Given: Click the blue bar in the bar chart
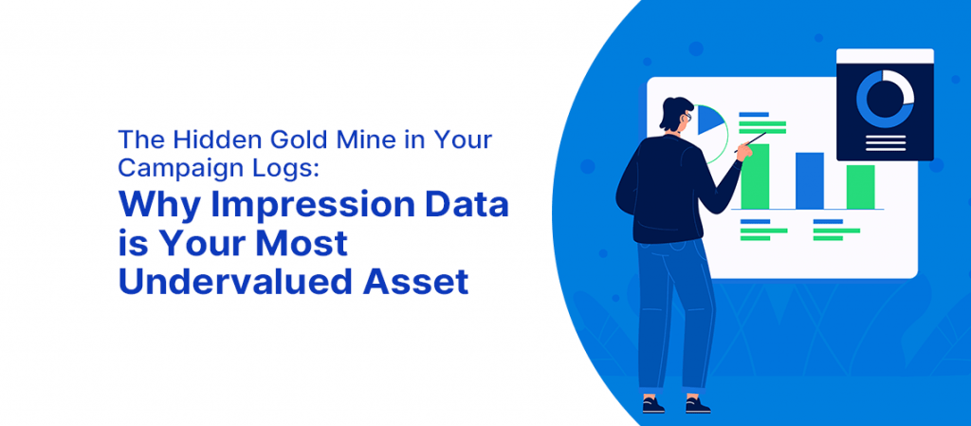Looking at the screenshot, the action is [810, 181].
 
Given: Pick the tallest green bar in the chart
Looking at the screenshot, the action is [755, 176].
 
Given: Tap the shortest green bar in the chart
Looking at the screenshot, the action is [861, 187].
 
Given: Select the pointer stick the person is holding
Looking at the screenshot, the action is [750, 141].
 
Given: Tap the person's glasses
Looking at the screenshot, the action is [687, 116].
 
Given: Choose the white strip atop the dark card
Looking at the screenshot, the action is [885, 56].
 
